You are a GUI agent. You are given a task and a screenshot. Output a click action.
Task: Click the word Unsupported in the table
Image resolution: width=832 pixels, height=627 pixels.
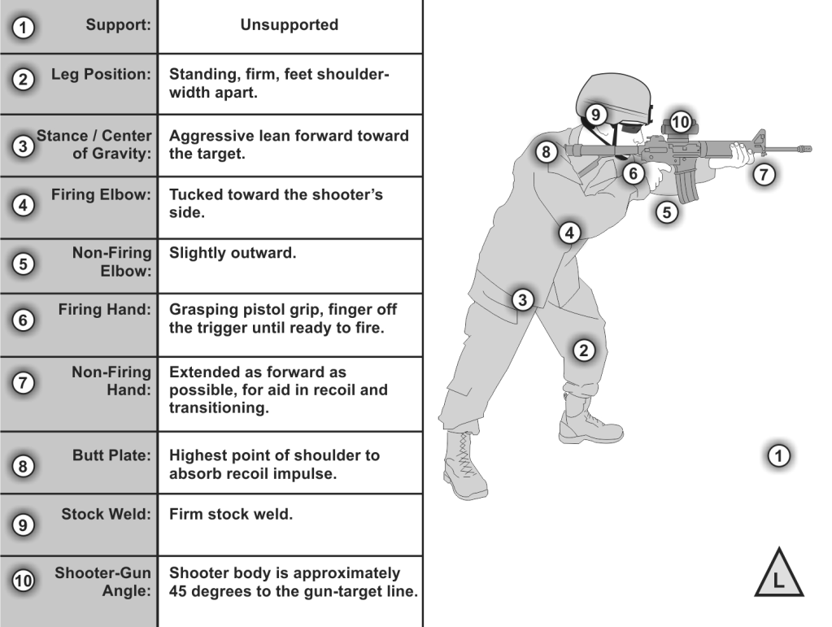point(289,25)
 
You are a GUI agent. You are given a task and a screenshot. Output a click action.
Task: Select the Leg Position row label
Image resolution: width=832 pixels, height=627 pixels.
point(107,75)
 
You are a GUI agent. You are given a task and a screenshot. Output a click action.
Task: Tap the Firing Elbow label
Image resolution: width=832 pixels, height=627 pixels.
point(108,196)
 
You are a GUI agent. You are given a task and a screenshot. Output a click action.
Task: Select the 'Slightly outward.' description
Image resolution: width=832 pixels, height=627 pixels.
point(232,253)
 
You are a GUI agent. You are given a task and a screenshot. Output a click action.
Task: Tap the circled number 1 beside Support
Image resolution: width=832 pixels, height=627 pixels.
point(26,27)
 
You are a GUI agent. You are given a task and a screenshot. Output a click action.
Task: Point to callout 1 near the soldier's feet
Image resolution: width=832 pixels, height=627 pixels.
point(778,455)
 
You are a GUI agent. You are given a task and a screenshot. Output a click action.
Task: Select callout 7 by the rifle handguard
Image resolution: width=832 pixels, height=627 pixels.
point(762,172)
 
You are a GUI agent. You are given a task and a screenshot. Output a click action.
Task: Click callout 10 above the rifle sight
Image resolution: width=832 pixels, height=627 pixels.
point(681,123)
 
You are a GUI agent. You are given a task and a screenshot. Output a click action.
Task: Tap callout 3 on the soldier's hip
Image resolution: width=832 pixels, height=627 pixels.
point(524,299)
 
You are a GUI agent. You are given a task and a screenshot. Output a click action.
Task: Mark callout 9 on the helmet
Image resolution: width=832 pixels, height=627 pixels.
point(595,115)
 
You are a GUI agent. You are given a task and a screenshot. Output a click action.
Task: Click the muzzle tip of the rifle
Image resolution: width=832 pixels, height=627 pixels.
point(808,149)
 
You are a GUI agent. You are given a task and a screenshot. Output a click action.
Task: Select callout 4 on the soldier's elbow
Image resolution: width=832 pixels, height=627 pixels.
point(570,233)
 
